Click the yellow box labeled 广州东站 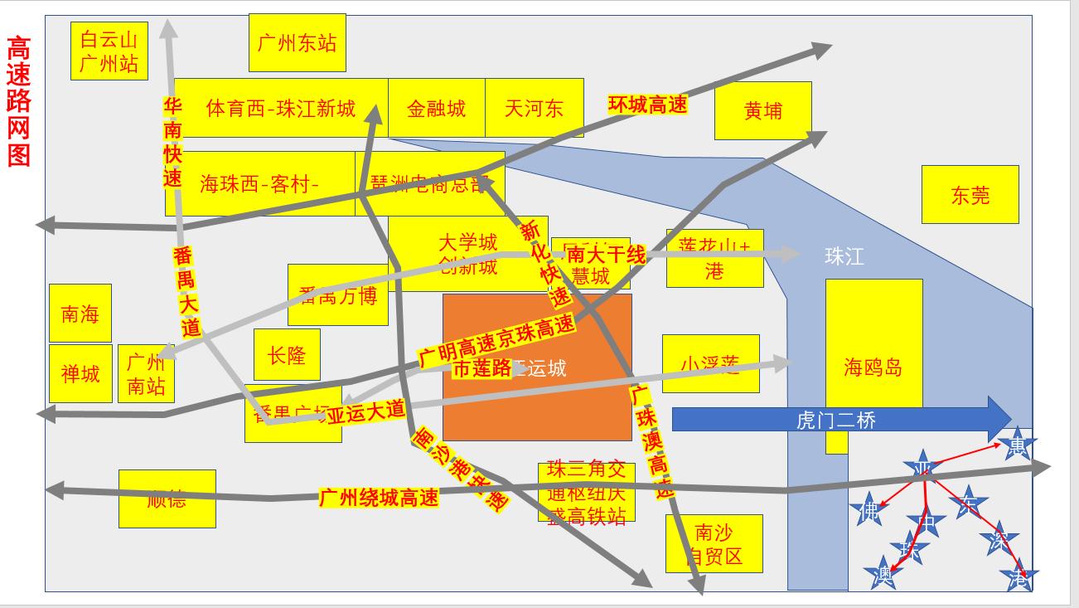point(297,43)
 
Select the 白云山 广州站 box point(109,51)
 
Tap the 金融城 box point(436,108)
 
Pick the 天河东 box point(534,108)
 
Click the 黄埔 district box point(762,110)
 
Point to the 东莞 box point(970,195)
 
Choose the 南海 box point(80,314)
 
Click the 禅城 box point(80,373)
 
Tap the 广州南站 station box point(146,374)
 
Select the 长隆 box point(287,355)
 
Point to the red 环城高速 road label point(647,105)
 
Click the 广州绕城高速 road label point(378,498)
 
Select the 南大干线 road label point(606,255)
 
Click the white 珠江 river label point(844,256)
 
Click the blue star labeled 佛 point(869,510)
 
